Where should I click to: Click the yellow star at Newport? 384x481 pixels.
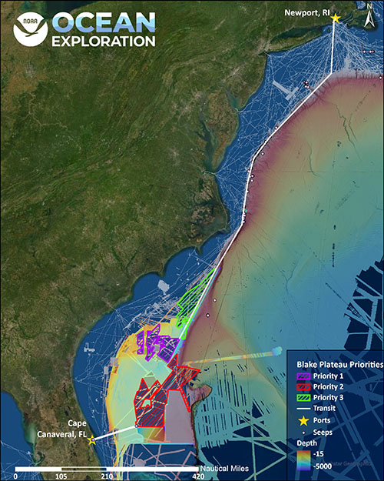pos(335,18)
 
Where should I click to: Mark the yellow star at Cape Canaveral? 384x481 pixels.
pos(92,440)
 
